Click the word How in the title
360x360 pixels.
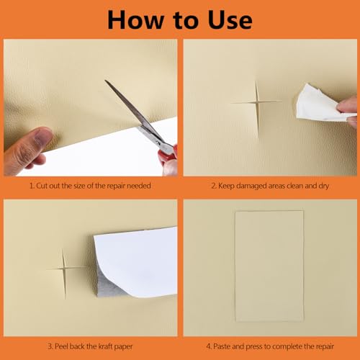(x=135, y=20)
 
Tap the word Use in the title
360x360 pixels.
(x=230, y=20)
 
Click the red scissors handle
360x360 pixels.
(x=168, y=156)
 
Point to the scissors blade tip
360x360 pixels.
(x=106, y=81)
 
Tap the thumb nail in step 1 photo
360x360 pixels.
(x=42, y=135)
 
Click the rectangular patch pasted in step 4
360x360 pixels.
(x=269, y=266)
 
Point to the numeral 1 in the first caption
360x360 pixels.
(x=31, y=186)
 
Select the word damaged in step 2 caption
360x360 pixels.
(x=251, y=186)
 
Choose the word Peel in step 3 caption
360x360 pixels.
(x=61, y=346)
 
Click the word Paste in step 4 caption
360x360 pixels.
(x=222, y=347)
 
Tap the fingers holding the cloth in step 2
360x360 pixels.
(x=348, y=109)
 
